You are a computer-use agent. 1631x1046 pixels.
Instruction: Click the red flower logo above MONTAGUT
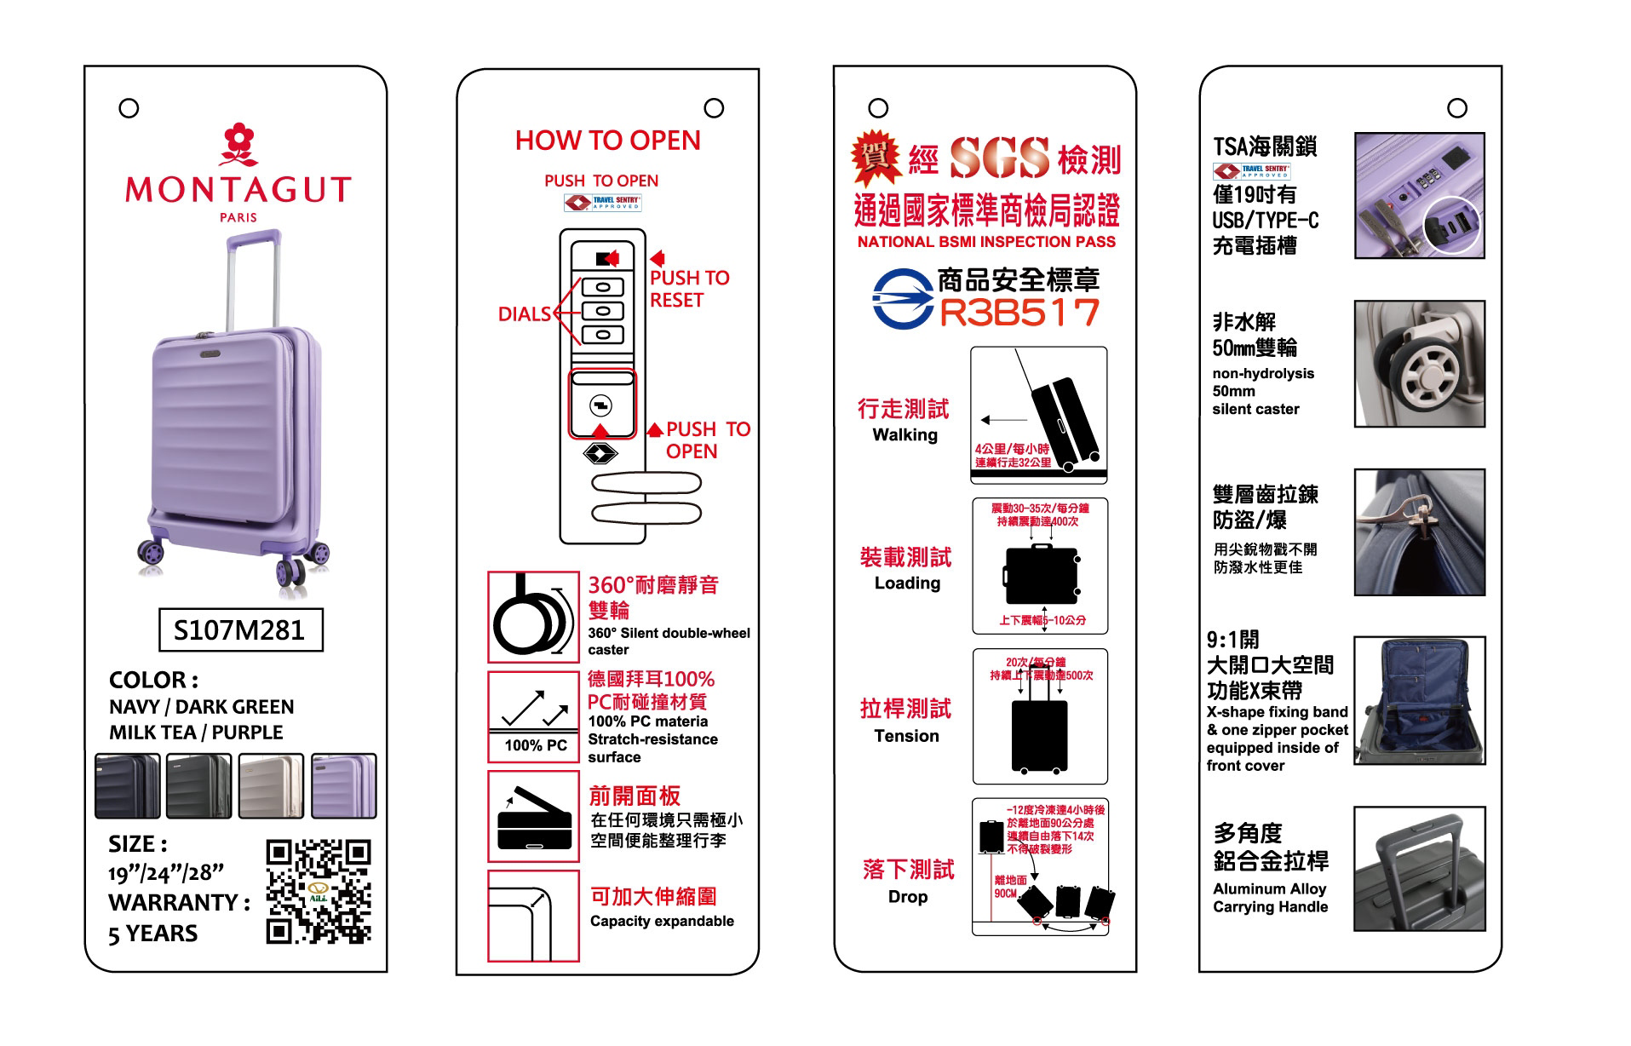(x=238, y=146)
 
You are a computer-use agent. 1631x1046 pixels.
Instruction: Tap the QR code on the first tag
(x=319, y=891)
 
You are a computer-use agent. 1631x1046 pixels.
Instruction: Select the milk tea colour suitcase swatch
(x=271, y=785)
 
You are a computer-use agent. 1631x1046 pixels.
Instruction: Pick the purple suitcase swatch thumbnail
(x=343, y=785)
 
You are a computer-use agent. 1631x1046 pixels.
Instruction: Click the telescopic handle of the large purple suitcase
(x=252, y=281)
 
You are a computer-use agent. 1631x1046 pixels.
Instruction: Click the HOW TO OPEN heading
(x=607, y=141)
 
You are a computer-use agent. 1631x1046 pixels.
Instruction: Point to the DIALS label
(x=525, y=314)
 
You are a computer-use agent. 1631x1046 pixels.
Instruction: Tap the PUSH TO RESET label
(x=689, y=289)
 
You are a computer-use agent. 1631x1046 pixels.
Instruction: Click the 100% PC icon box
(x=533, y=716)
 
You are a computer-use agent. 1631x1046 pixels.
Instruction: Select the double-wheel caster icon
(x=533, y=617)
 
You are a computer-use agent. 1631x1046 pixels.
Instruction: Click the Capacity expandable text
(x=662, y=921)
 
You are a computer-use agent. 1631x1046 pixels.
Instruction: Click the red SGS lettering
(x=999, y=158)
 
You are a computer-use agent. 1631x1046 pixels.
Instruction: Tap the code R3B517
(x=1019, y=313)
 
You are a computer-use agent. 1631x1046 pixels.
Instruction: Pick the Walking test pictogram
(x=1039, y=415)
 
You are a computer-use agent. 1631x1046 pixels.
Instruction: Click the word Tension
(x=906, y=736)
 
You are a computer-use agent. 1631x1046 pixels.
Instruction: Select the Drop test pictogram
(x=1040, y=867)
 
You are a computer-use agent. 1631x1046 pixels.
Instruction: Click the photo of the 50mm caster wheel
(x=1419, y=364)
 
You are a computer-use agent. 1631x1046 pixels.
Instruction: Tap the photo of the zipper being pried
(x=1419, y=532)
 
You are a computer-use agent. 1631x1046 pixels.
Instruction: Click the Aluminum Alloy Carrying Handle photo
(x=1419, y=869)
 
